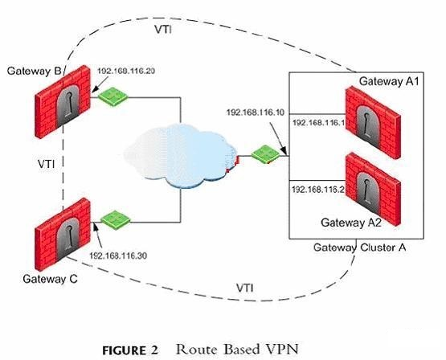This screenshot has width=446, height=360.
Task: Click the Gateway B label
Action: pos(34,71)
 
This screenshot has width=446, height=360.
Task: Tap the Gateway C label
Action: pos(50,279)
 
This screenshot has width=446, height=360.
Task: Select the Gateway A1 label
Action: pos(389,81)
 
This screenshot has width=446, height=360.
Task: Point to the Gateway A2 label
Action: pos(351,223)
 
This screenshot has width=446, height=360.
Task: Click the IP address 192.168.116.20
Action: pos(126,71)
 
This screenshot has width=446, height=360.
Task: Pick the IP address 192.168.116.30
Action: pos(118,256)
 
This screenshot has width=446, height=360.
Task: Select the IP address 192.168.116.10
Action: pos(255,112)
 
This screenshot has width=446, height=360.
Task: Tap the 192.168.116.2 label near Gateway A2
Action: pos(318,189)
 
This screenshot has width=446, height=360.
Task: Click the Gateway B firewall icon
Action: pos(63,102)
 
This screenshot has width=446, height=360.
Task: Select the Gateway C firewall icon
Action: pos(63,235)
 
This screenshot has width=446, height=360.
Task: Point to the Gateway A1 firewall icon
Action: pos(373,122)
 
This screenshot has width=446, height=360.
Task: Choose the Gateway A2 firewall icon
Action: pos(373,189)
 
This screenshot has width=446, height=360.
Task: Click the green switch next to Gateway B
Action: pos(113,96)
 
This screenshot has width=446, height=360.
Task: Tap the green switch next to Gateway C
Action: pos(116,220)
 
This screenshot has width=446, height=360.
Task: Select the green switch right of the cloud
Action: pos(266,155)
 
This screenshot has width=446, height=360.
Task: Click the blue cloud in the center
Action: pos(181,156)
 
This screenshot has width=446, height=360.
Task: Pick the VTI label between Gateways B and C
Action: pos(47,163)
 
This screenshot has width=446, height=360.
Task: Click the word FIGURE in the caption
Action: pos(124,350)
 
